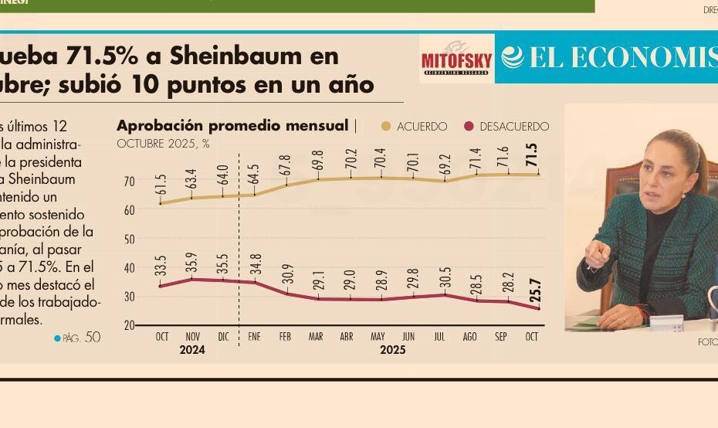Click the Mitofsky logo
[456, 59]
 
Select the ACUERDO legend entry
[415, 127]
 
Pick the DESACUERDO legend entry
[506, 127]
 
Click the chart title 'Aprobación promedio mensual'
[232, 126]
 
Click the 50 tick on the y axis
[129, 239]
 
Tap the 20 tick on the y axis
[129, 325]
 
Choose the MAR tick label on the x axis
[316, 337]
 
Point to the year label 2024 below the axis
[191, 350]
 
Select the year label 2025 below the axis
[392, 350]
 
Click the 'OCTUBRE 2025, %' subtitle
[163, 144]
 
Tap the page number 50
[92, 337]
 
